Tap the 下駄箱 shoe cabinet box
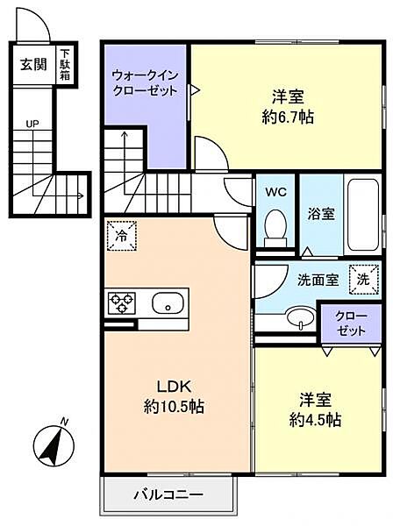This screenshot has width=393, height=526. click(x=65, y=66)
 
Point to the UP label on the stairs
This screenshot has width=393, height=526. click(x=32, y=123)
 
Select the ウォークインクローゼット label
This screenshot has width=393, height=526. click(x=145, y=83)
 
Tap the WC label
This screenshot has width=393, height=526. click(x=275, y=190)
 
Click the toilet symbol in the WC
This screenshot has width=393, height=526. click(x=275, y=224)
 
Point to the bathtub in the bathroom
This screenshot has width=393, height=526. click(x=361, y=214)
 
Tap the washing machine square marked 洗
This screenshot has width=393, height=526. click(x=363, y=278)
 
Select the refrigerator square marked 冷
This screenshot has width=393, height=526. click(x=122, y=236)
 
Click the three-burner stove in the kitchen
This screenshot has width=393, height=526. click(x=122, y=303)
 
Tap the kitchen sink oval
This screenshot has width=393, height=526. click(x=166, y=304)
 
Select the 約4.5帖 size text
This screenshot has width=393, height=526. click(x=318, y=419)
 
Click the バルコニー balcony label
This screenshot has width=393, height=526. click(x=168, y=494)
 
